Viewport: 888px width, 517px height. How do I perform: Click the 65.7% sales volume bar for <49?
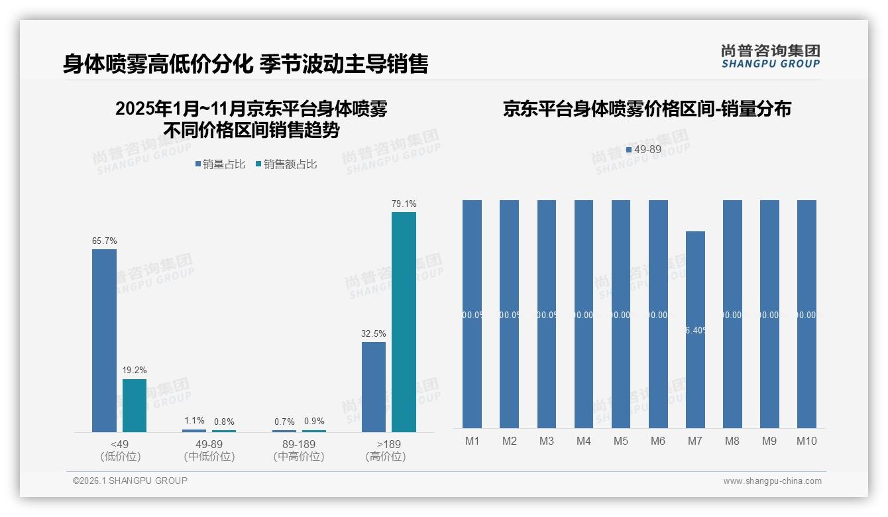(x=104, y=341)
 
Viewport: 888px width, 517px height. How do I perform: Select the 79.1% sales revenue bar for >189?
(x=404, y=322)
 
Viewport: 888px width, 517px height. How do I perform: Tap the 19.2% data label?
(x=135, y=371)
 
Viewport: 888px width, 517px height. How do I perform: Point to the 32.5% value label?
(x=374, y=333)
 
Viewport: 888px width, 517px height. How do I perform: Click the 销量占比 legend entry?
(x=220, y=164)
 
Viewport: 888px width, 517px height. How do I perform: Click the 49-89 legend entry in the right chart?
(x=643, y=150)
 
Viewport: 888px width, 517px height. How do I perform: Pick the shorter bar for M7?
(x=695, y=329)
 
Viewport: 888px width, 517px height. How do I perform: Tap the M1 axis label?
(x=472, y=441)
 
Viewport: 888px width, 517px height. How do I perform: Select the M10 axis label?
(x=806, y=441)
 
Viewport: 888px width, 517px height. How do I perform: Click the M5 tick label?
(x=621, y=441)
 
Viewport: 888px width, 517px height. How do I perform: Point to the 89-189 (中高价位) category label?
(x=299, y=450)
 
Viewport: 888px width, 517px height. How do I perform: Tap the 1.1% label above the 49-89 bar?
(x=194, y=421)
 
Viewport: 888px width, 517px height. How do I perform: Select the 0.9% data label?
(x=314, y=422)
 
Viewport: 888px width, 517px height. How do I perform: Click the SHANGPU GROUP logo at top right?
(x=770, y=56)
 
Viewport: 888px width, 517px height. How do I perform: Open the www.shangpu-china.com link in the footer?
(x=772, y=481)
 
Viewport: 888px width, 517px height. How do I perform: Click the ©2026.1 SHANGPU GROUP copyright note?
(x=130, y=481)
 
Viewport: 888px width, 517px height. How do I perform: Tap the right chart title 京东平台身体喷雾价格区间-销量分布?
(x=647, y=109)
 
